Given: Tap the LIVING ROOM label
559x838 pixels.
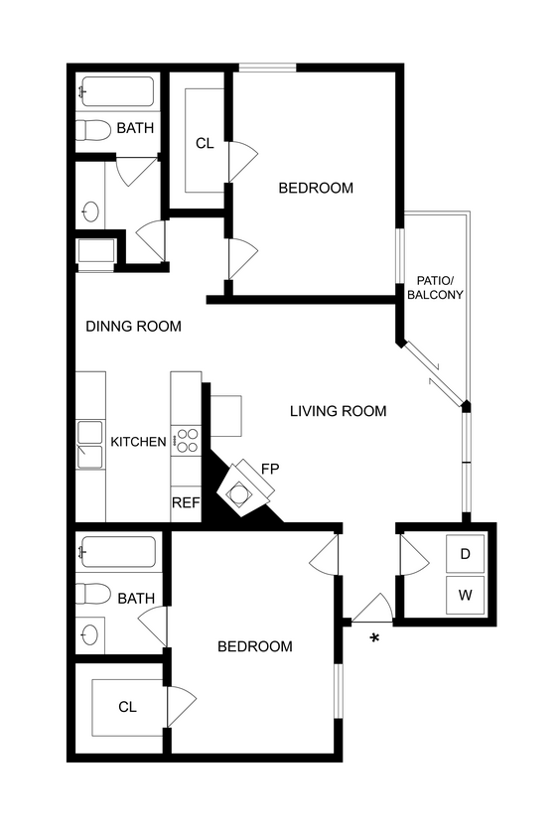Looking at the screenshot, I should pos(338,411).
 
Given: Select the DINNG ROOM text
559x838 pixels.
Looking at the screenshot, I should pos(133,326).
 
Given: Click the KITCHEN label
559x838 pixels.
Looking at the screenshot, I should pos(138,442).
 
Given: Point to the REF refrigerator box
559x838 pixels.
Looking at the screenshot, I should pos(186,503).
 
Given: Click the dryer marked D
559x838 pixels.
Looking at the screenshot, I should pos(465,554).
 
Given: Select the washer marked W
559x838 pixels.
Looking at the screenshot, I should pos(465,596).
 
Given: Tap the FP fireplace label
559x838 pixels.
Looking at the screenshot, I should pos(270,468).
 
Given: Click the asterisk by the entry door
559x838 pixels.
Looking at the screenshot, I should pos(375,637).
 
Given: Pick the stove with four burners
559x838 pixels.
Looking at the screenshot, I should pos(186,440).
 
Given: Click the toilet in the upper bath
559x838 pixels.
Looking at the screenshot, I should pos(94,129).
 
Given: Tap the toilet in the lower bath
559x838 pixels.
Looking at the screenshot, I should pos(94,595).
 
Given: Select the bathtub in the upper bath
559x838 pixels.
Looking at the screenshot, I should pos(117,92).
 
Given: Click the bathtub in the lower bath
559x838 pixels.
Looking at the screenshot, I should pos(117,552).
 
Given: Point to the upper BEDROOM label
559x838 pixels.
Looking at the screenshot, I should pos(316,188).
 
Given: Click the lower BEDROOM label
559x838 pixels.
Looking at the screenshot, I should pos(255,646).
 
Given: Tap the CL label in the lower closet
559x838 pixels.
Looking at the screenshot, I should pos(127,707).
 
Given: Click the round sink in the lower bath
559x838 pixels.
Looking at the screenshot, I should pos(91,634).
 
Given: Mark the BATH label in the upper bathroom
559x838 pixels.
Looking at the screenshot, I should pos(135,128).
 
